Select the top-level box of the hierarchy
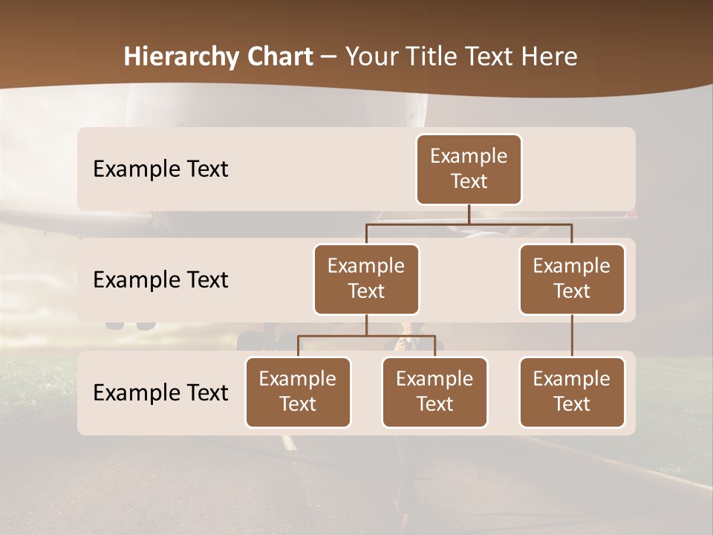click(x=469, y=169)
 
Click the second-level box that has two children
click(x=366, y=279)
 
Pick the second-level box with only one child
click(x=572, y=279)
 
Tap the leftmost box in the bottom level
click(x=298, y=392)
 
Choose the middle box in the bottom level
click(x=434, y=392)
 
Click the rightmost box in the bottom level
click(x=572, y=392)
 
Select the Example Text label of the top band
click(x=160, y=169)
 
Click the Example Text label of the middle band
click(x=160, y=280)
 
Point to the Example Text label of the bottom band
click(x=160, y=393)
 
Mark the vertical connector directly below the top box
click(x=469, y=214)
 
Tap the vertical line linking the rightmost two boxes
click(x=572, y=336)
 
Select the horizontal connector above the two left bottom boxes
click(x=366, y=336)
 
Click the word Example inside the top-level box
click(x=469, y=156)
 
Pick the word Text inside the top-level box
click(x=469, y=181)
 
